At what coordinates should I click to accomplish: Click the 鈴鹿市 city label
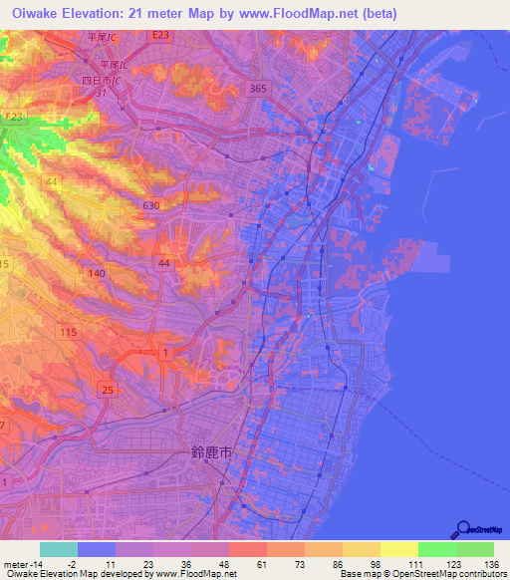point(211,451)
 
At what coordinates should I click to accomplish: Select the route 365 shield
point(259,89)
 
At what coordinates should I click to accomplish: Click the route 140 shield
point(97,273)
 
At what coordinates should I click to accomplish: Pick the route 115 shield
point(69,332)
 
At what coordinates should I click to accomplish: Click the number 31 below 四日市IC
point(102,92)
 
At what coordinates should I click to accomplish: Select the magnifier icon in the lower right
point(462,529)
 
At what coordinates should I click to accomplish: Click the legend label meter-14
point(21,563)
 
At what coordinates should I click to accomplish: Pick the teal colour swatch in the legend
point(58,549)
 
